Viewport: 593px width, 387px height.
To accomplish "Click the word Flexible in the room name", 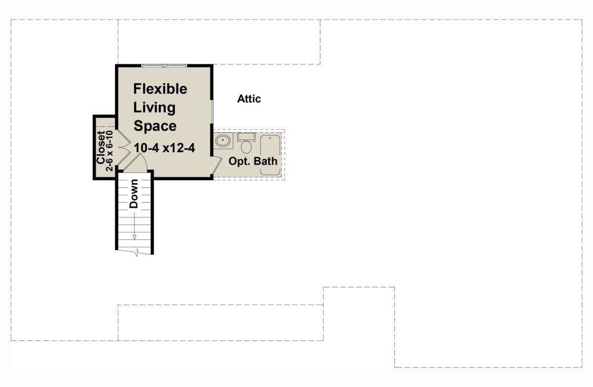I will click(x=161, y=89).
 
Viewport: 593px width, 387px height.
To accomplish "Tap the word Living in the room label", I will click(x=155, y=108).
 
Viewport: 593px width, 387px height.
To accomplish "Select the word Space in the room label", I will click(x=155, y=126).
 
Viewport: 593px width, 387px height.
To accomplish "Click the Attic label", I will click(x=249, y=99).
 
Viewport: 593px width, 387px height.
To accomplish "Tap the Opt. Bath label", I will click(x=253, y=161).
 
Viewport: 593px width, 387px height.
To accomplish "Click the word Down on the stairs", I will click(x=134, y=193).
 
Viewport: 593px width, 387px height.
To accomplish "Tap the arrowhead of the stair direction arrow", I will click(x=134, y=237).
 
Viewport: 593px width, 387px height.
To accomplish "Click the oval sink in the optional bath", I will click(x=224, y=141).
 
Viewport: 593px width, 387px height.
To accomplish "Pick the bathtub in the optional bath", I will click(x=270, y=154).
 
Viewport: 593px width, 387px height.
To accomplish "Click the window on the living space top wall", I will click(x=164, y=65).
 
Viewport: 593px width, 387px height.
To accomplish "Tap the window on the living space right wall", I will click(x=212, y=110).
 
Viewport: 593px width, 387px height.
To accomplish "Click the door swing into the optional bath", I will click(x=216, y=165).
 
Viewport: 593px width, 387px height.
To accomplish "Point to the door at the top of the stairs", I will click(x=135, y=163).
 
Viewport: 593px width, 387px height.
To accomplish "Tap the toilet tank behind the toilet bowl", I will click(x=246, y=137).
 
